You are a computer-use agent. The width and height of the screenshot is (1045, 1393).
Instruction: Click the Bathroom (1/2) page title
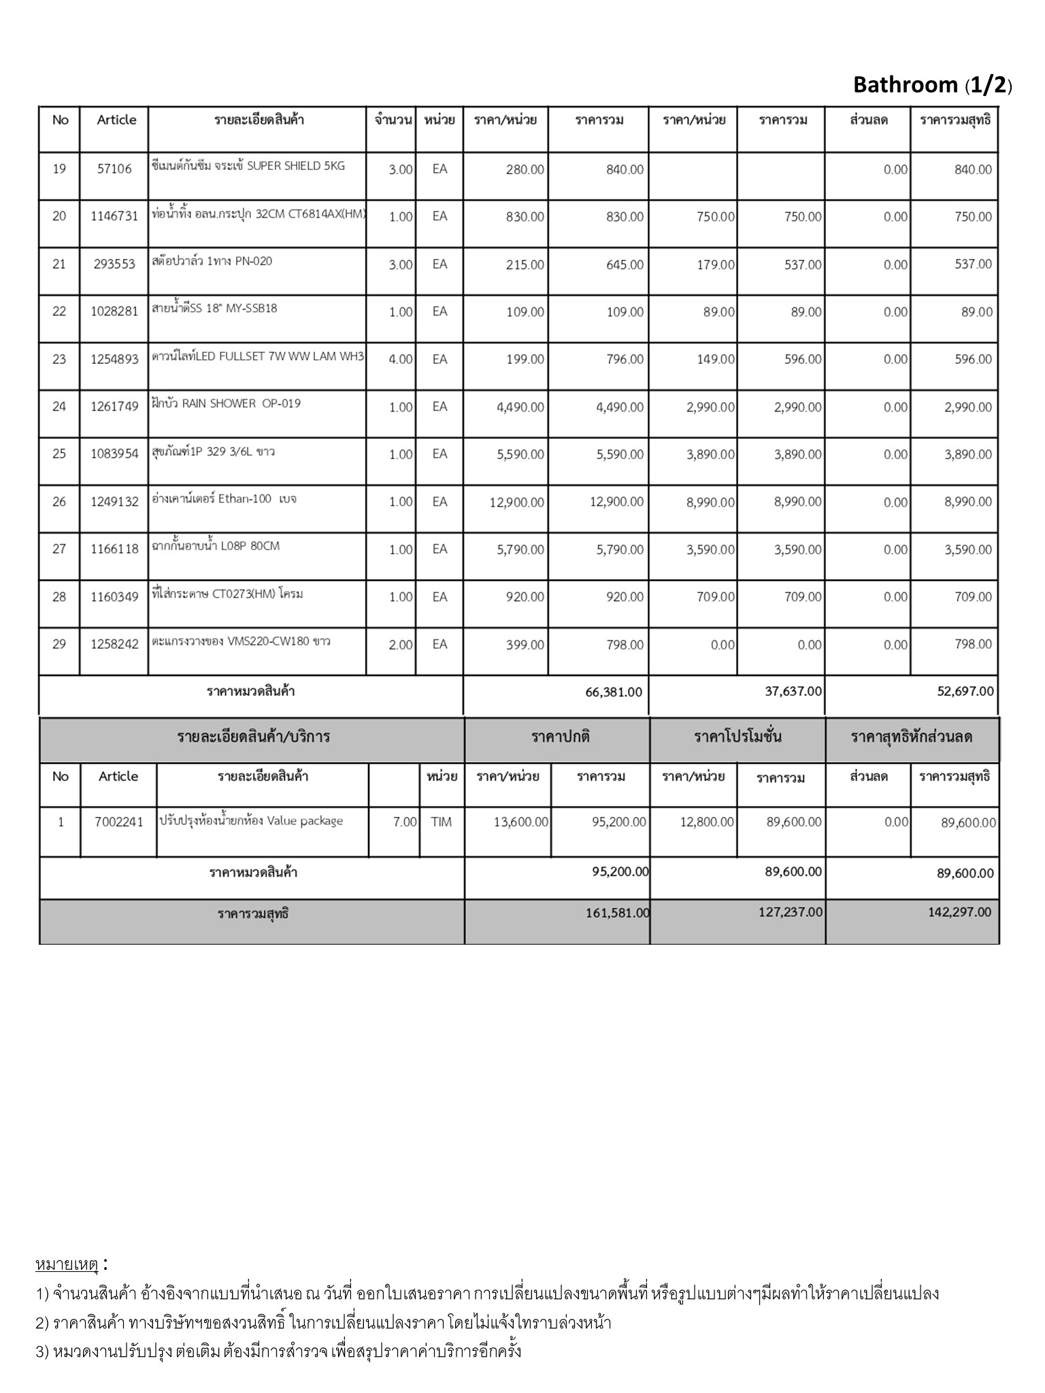[932, 85]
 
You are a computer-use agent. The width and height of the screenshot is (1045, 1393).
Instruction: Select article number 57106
[114, 169]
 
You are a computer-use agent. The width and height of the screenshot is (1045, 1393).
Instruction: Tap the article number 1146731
[114, 216]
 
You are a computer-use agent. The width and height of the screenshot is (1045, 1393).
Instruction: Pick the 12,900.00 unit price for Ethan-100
[517, 502]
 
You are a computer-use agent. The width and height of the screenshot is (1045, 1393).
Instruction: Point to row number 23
[59, 359]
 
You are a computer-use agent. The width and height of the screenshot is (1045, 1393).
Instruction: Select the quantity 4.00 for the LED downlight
[400, 359]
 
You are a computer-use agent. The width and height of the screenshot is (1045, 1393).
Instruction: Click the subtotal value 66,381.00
[614, 692]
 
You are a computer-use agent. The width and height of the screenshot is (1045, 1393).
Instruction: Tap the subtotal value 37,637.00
[793, 691]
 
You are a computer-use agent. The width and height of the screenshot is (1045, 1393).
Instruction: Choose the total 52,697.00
[965, 691]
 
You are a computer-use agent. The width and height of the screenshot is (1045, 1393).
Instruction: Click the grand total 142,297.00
[960, 912]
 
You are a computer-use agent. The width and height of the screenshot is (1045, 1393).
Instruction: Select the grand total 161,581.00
[618, 913]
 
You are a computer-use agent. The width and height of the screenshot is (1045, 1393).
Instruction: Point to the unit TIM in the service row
[441, 822]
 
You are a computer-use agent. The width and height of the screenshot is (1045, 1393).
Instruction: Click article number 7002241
[119, 822]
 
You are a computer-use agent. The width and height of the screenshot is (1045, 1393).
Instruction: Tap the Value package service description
[251, 821]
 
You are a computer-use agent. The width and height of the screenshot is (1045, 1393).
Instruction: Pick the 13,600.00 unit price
[520, 822]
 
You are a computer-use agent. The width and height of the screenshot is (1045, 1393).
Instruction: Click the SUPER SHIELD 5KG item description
[248, 166]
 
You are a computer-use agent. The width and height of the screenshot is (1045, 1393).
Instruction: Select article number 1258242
[114, 645]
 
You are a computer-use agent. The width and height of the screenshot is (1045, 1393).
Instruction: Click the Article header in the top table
[116, 120]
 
